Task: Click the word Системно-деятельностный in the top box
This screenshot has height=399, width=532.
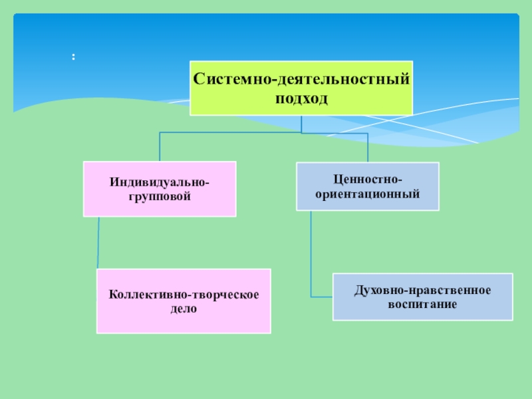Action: coord(301,79)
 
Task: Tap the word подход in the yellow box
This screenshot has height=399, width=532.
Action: coord(301,98)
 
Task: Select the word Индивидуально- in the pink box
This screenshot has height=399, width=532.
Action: coord(160,182)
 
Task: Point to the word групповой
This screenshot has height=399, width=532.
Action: coord(160,197)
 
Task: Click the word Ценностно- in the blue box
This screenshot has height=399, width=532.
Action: coord(367,180)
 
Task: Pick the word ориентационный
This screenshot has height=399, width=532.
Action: coord(367,195)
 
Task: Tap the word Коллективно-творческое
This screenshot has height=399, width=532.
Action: coord(184,293)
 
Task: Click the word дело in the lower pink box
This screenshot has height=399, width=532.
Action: coord(184,309)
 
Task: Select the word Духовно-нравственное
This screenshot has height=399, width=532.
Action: coord(422,290)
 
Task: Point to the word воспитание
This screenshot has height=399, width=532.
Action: coord(422,305)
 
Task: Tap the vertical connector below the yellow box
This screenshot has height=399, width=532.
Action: coord(301,123)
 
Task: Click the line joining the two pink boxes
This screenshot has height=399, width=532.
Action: coord(98,243)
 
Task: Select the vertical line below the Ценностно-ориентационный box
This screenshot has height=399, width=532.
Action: coord(311,253)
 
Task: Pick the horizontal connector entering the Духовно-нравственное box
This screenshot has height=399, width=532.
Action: coord(321,296)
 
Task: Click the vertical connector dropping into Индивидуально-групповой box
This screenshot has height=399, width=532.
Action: coord(160,146)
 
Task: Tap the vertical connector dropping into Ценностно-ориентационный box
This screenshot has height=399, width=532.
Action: coord(367,147)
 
